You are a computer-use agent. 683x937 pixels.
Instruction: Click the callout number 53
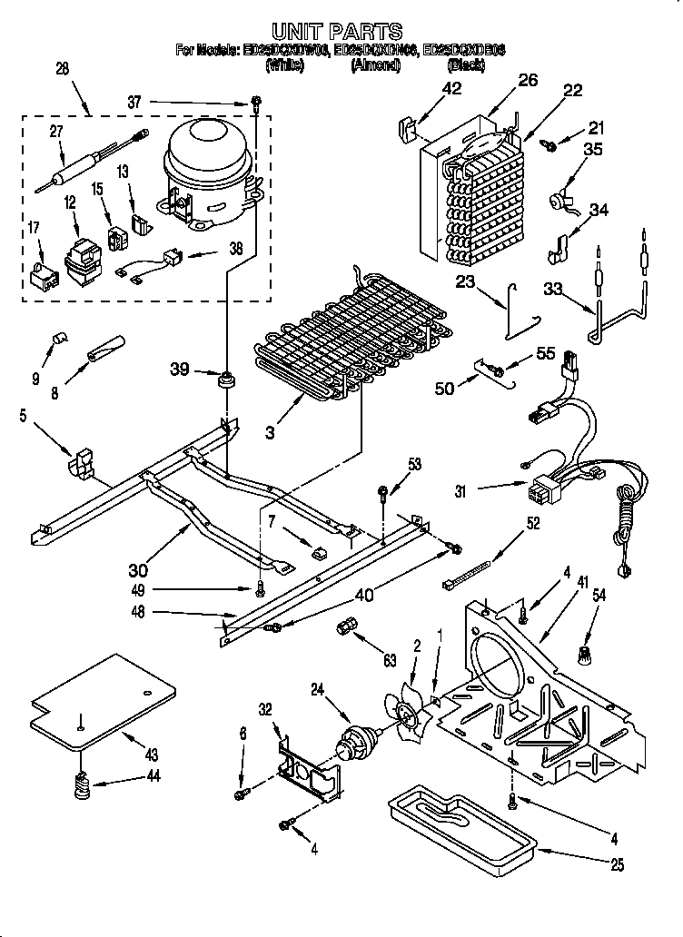[413, 465]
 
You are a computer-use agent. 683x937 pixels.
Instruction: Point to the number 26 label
[528, 81]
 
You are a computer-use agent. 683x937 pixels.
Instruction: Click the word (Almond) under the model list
[375, 65]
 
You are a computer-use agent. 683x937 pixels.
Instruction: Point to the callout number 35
[591, 151]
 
